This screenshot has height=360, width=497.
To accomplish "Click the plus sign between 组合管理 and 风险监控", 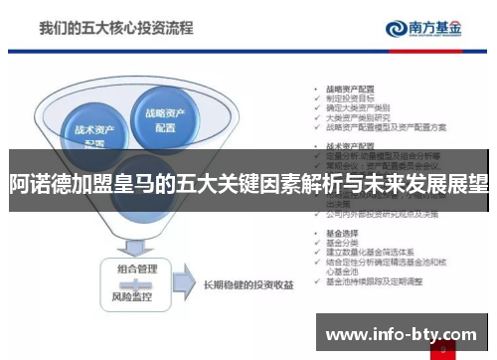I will coord(136,282).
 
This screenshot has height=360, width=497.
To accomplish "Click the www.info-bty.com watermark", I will coord(402,331).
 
